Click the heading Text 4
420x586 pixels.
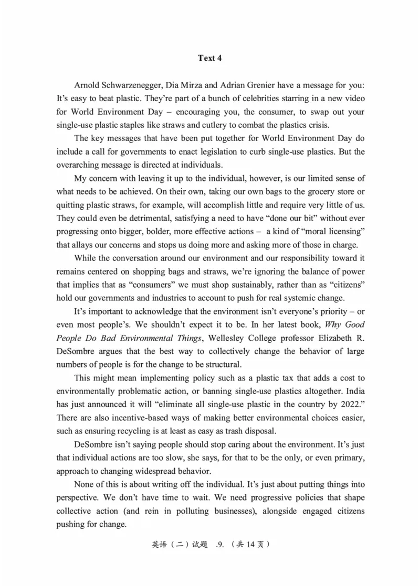click(x=210, y=58)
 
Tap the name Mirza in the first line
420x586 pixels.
click(x=197, y=85)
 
